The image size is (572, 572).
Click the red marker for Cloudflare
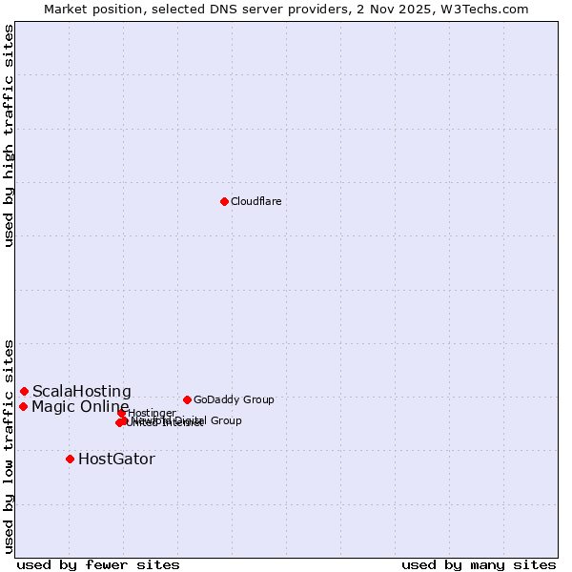224,201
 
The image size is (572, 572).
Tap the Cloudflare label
255,201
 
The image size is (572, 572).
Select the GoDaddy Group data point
187,399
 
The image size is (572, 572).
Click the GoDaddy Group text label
234,399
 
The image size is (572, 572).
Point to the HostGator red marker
70,459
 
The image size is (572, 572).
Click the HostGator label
116,459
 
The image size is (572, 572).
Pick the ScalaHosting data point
24,391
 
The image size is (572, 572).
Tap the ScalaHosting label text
82,391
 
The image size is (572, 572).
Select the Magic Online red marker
23,406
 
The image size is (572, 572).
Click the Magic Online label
80,407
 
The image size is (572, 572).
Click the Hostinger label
152,413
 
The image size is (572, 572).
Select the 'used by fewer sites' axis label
98,564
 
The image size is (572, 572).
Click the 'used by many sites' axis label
479,564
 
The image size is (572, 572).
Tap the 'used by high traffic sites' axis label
9,135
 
